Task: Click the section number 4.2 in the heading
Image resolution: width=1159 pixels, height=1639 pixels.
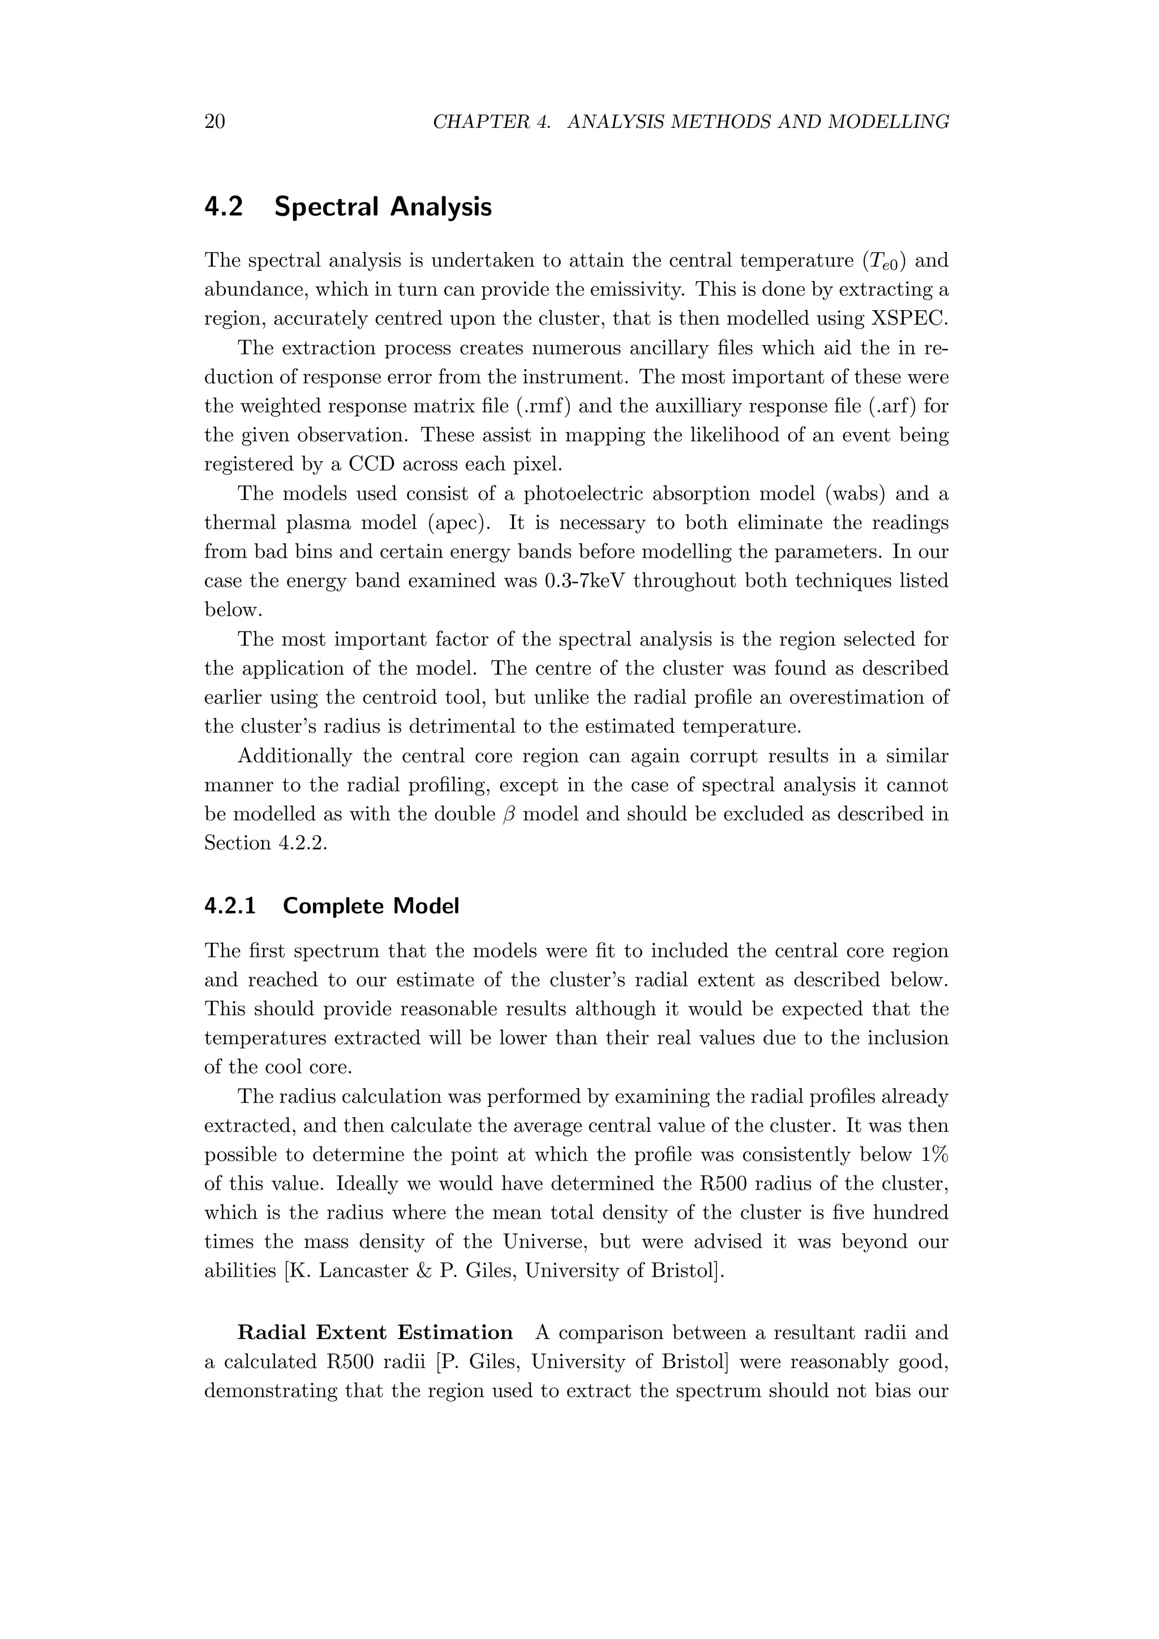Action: [224, 207]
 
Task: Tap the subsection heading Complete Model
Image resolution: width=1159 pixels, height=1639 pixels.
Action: [371, 906]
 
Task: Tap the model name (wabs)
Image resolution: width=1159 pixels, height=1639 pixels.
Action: [848, 494]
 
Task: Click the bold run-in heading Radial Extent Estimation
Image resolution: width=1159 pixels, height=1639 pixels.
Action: [375, 1333]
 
